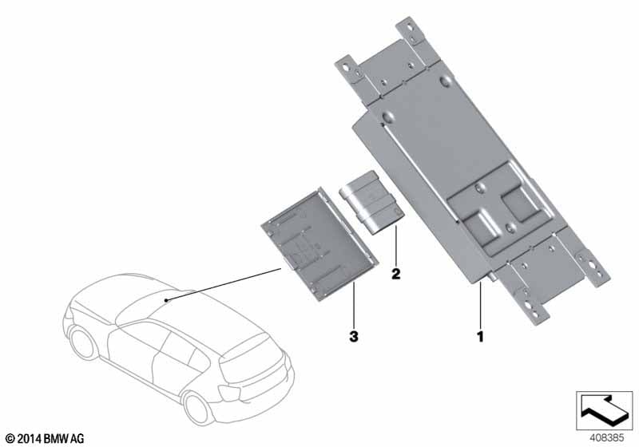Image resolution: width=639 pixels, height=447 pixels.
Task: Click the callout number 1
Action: point(481,336)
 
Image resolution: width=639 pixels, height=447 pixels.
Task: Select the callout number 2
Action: point(395,274)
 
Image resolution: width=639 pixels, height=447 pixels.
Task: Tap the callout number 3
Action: point(354,336)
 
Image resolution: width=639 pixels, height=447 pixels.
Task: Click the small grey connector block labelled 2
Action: point(371,203)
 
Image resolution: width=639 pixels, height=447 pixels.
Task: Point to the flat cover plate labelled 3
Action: point(319,244)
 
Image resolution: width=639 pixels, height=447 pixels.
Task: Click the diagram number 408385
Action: point(606,437)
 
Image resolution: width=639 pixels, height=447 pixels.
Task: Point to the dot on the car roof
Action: point(166,300)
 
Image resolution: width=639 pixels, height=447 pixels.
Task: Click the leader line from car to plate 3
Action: point(224,285)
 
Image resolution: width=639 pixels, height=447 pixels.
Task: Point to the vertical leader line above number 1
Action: point(481,306)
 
